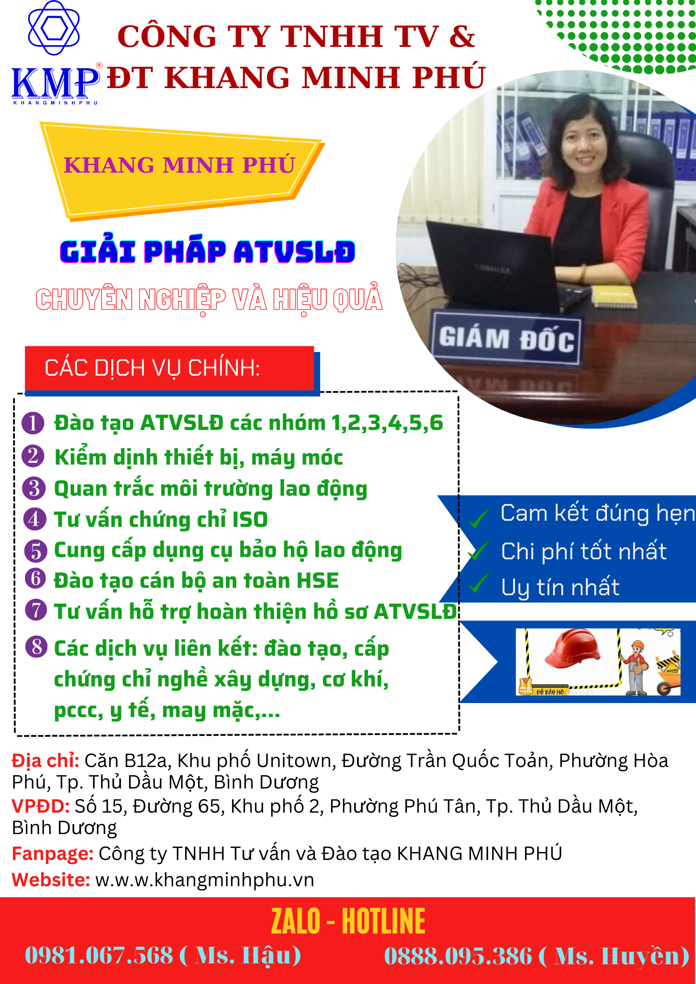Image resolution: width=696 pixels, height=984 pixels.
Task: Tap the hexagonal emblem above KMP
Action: coord(54,28)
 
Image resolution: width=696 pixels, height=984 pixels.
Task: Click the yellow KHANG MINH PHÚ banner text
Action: coord(179,165)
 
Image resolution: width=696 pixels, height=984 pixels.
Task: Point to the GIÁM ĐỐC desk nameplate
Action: coord(507,339)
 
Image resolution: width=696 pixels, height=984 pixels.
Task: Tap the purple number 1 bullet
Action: coord(33,423)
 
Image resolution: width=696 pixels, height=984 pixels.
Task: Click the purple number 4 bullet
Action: coord(35,519)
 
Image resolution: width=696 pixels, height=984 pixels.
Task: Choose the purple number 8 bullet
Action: coord(36,647)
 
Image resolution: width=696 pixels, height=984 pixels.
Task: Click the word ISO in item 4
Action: coord(250,520)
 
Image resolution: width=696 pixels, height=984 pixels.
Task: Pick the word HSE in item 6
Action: coord(318,581)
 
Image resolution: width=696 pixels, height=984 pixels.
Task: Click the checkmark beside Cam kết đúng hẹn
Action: coord(479,517)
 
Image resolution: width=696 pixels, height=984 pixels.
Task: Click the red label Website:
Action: coord(51,880)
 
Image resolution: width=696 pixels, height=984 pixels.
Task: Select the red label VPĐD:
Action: coord(41,806)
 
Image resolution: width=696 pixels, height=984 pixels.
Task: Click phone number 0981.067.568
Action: coord(99,955)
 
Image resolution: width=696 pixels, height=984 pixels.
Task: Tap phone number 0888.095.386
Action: coord(458,956)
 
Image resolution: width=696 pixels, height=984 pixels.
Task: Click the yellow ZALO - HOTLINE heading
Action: coord(348,921)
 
